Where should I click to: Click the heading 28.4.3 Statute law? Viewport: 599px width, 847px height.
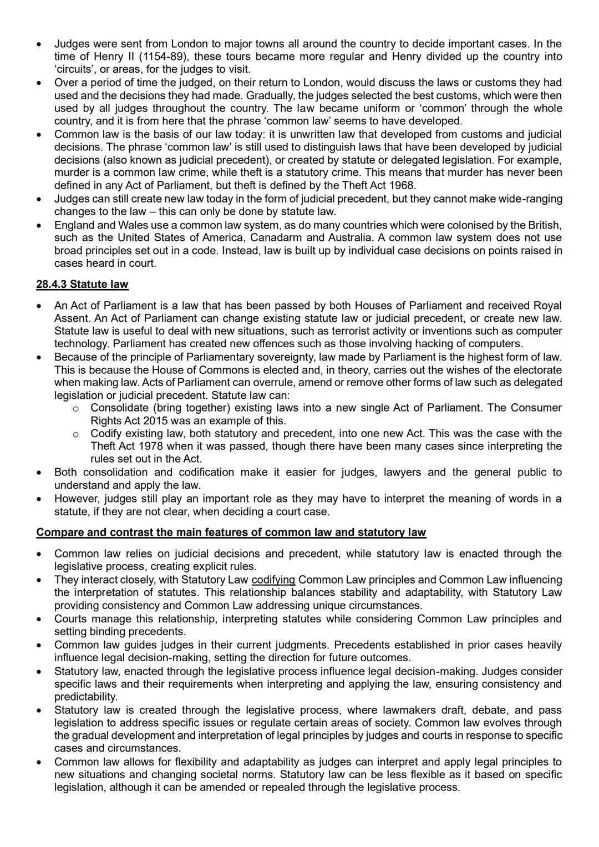(x=82, y=285)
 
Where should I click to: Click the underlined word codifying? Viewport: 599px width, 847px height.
(x=273, y=580)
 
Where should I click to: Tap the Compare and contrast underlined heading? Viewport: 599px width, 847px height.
(x=231, y=532)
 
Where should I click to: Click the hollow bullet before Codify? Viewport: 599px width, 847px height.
(x=75, y=434)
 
